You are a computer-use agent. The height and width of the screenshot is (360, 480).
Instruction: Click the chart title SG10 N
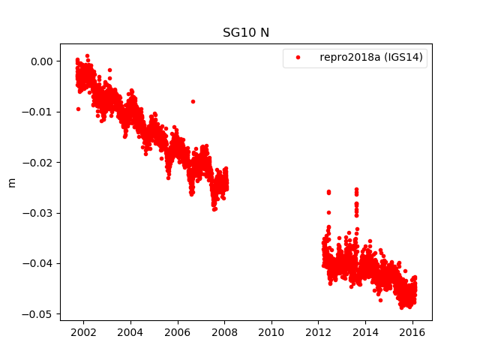pos(245,33)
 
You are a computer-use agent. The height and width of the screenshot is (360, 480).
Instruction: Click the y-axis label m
pos(11,182)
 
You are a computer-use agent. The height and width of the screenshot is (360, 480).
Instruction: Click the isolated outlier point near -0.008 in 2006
pos(193,101)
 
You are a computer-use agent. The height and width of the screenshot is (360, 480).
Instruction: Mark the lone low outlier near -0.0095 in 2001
pos(78,109)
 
